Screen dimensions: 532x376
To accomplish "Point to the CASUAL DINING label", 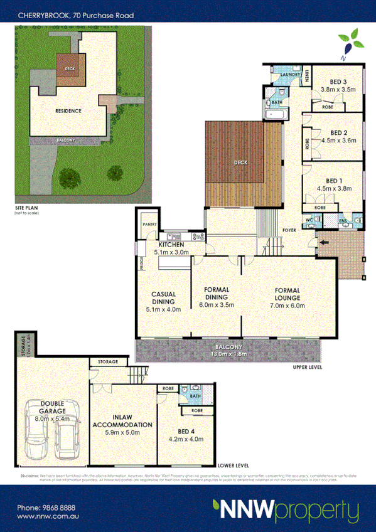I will click(x=163, y=298).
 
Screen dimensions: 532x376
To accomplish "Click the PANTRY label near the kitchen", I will click(x=149, y=223).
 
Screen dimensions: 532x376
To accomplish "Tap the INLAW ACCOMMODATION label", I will click(x=122, y=423).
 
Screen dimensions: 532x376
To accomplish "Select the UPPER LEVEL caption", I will click(x=307, y=367).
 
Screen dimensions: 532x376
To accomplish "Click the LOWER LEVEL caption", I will click(x=234, y=466).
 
